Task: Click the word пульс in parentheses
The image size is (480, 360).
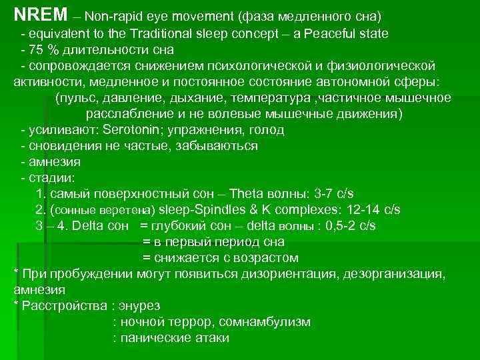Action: click(x=77, y=98)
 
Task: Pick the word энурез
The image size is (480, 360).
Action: click(x=139, y=306)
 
